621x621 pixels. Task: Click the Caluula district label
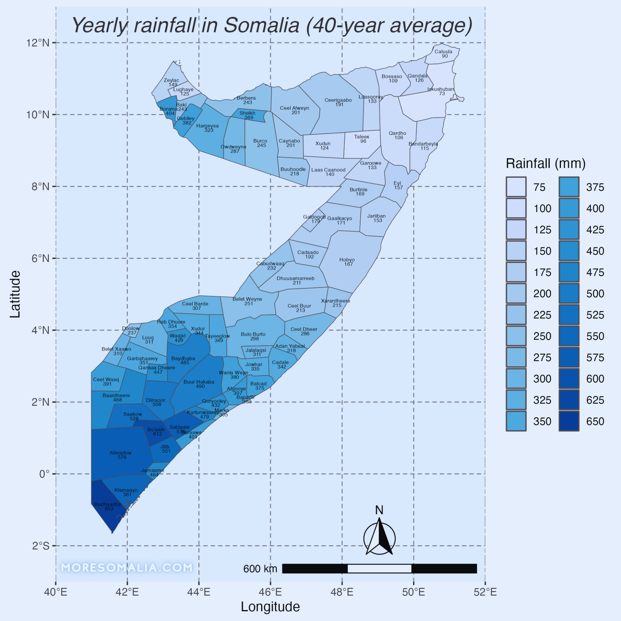[x=443, y=54]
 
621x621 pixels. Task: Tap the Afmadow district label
[x=121, y=455]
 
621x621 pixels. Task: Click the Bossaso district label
[x=392, y=79]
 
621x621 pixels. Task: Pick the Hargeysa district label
[x=208, y=128]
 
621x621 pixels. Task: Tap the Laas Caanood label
[x=328, y=172]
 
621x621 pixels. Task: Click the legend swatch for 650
[x=569, y=421]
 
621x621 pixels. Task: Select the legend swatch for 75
[x=516, y=187]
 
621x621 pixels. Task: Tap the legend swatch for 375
[x=569, y=187]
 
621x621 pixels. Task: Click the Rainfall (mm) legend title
[x=545, y=164]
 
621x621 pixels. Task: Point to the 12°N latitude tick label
[x=38, y=43]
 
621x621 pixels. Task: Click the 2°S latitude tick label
[x=41, y=546]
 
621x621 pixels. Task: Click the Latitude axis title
[x=15, y=294]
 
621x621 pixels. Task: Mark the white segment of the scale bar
[x=379, y=569]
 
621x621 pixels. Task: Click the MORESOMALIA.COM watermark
[x=127, y=568]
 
